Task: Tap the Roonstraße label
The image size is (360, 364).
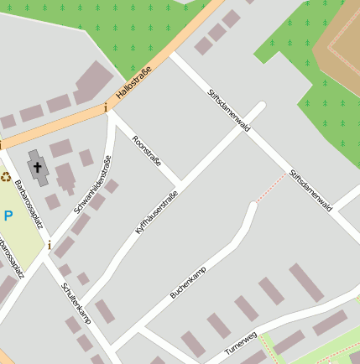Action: (147, 149)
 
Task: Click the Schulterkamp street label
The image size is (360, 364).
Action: (75, 302)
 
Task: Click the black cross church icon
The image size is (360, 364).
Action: (38, 167)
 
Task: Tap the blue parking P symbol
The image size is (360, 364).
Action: (8, 216)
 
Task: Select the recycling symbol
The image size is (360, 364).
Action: (6, 177)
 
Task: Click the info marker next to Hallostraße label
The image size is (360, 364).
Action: (106, 107)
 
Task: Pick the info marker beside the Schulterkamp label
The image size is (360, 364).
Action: (50, 246)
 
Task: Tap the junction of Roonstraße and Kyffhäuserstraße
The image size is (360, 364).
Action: (180, 185)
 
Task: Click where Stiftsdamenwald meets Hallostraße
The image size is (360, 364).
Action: (174, 59)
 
